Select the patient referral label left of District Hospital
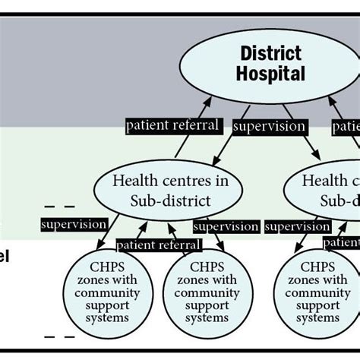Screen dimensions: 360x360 click(172, 125)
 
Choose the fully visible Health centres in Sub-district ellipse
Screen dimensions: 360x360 click(170, 190)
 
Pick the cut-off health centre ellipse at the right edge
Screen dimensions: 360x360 click(323, 190)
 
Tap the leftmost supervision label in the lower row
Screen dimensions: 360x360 click(74, 225)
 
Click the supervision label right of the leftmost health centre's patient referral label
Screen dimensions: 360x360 click(226, 226)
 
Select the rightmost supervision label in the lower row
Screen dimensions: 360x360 click(297, 226)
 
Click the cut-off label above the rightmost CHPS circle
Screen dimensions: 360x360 click(342, 242)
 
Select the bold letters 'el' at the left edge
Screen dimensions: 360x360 click(5, 256)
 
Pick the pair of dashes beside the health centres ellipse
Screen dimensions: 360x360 click(59, 206)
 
